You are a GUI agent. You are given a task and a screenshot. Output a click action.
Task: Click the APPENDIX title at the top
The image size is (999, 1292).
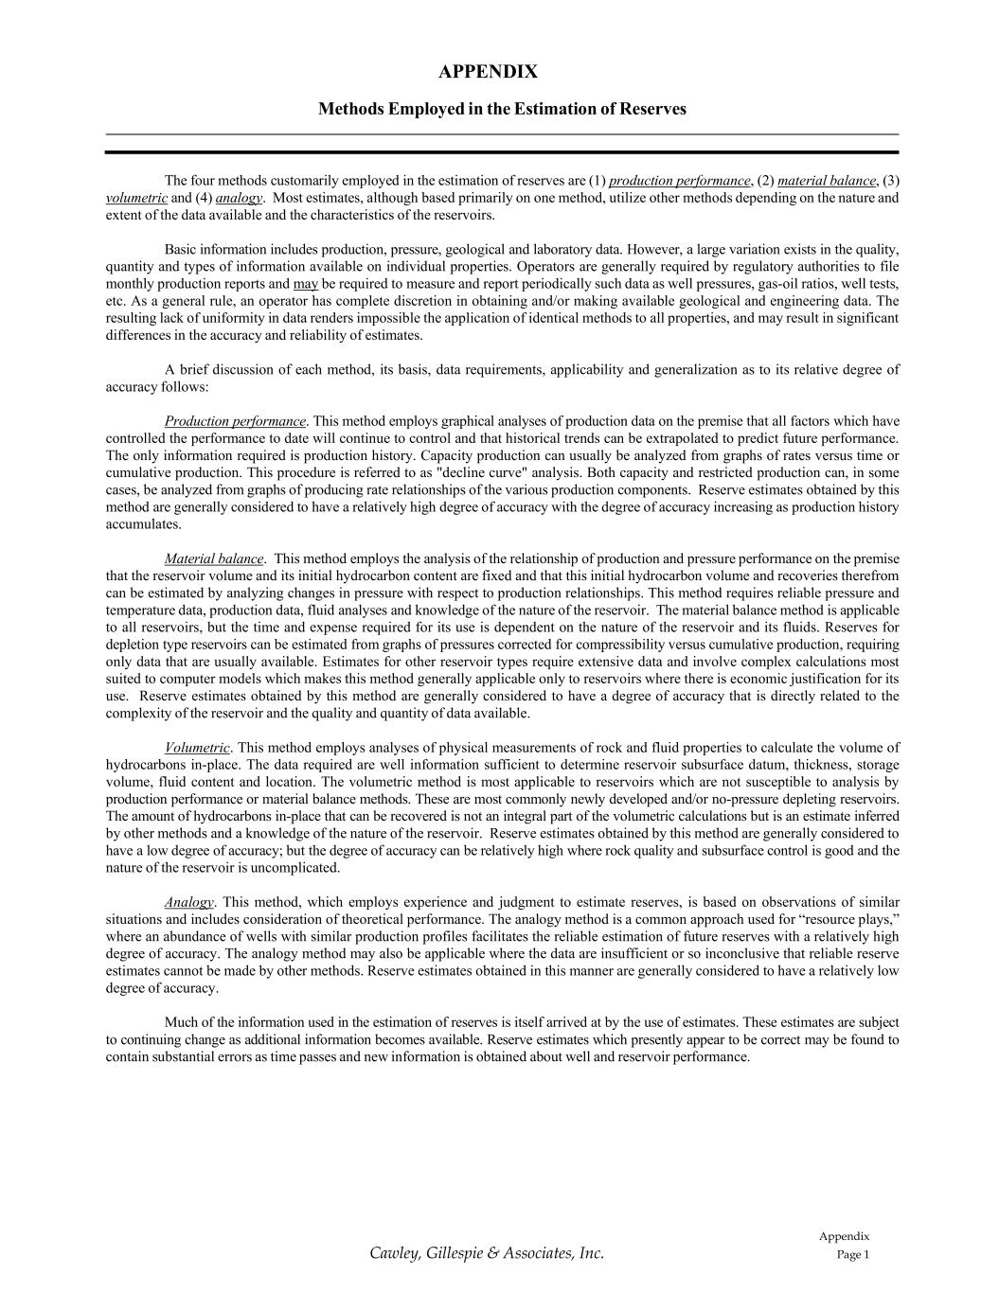[x=488, y=72]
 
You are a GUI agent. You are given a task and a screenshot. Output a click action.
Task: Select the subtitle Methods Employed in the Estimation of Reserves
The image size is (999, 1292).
[x=502, y=109]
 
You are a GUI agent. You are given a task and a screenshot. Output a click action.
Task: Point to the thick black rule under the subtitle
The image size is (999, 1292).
[x=502, y=151]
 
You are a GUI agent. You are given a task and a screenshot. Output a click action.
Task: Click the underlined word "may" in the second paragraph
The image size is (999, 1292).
[x=306, y=284]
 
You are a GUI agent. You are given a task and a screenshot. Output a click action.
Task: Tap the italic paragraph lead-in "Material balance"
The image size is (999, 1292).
[x=214, y=558]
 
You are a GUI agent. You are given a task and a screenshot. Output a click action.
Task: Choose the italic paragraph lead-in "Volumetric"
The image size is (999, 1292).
[x=197, y=748]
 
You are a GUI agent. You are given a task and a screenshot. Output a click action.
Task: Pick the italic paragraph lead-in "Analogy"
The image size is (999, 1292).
[x=189, y=902]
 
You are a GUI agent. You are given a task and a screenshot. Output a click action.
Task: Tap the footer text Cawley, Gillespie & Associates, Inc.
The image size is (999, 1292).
[x=487, y=1253]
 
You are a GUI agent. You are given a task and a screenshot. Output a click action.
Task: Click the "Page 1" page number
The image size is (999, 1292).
[x=852, y=1255]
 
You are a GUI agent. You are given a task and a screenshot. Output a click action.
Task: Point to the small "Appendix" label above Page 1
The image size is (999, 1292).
[x=844, y=1236]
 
